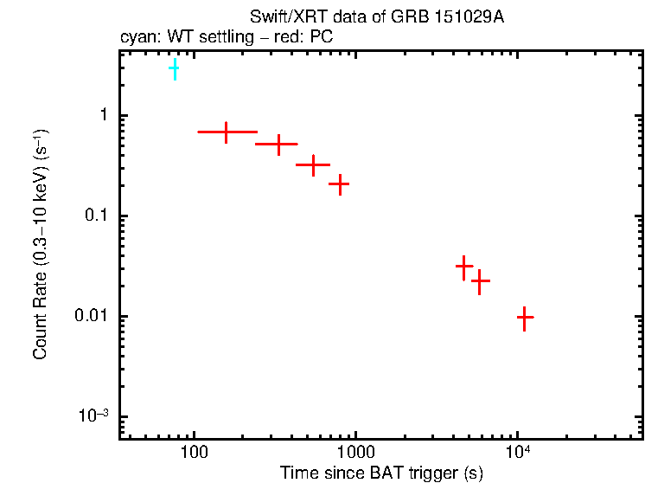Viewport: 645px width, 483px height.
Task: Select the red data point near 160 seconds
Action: (227, 132)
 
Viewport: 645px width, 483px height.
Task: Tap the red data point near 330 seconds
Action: (278, 144)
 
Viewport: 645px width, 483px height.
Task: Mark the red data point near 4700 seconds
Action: (464, 266)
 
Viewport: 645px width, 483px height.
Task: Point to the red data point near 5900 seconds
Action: (481, 280)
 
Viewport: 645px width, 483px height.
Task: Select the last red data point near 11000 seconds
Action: (524, 318)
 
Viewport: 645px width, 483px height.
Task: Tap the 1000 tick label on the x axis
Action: (355, 453)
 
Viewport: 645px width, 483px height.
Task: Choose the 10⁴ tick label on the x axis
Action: (517, 452)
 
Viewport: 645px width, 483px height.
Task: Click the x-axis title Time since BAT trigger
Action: (380, 473)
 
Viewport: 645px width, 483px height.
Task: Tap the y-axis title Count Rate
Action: (41, 243)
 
